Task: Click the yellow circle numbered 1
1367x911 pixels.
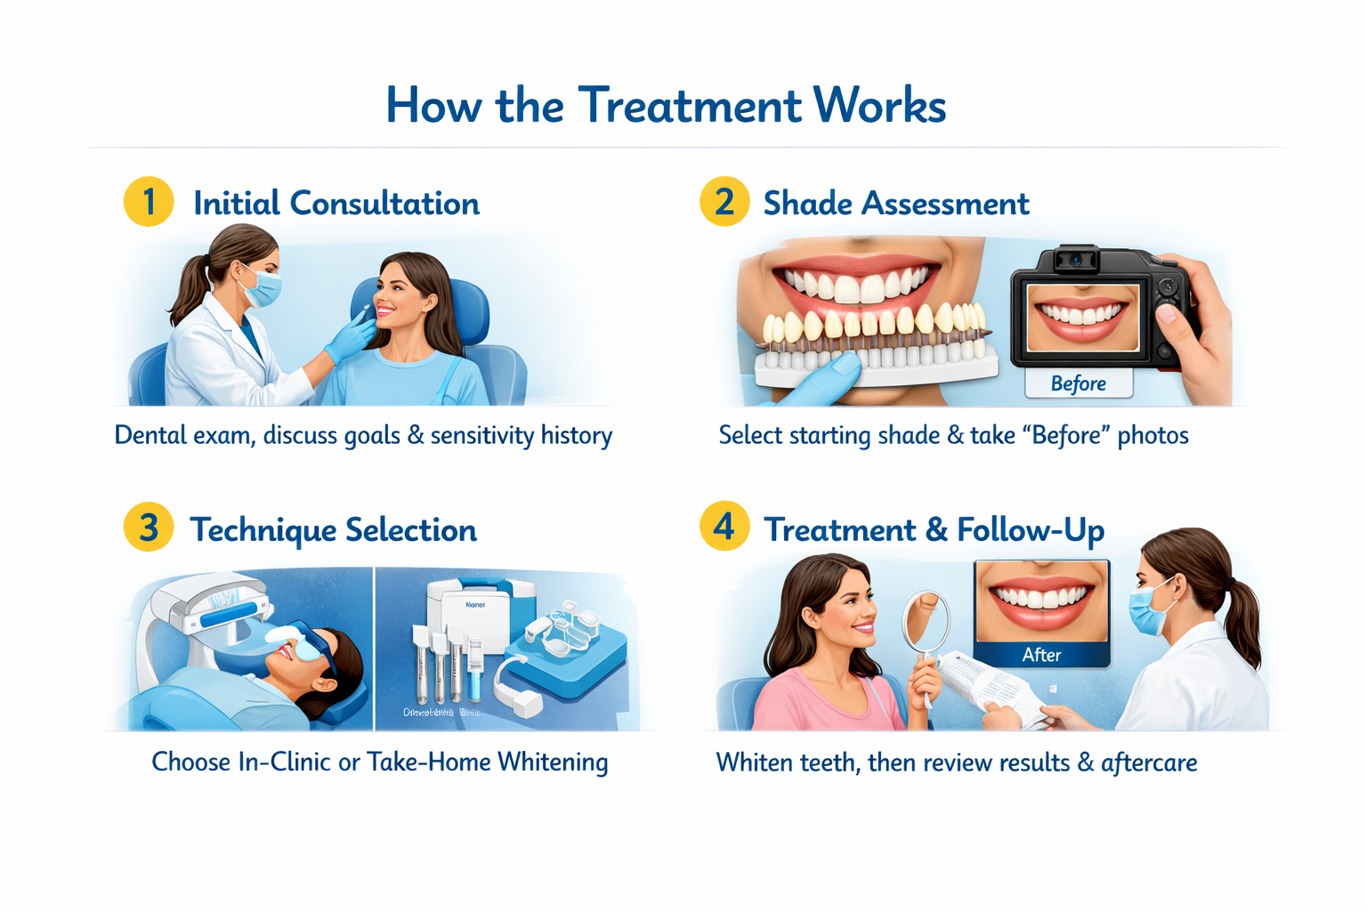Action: (x=149, y=202)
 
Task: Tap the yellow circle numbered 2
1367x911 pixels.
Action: (x=724, y=202)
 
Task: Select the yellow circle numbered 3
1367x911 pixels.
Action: (x=149, y=528)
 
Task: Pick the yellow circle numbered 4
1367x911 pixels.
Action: (x=724, y=526)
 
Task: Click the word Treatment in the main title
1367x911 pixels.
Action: (x=690, y=106)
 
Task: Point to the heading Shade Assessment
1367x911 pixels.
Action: (x=895, y=204)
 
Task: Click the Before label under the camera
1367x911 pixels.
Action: (x=1078, y=383)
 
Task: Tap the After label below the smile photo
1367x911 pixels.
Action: (x=1041, y=655)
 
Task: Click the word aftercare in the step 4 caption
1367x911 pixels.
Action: (x=1148, y=763)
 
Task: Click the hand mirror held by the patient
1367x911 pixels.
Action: (x=926, y=622)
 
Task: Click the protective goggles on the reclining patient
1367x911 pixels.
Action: (x=312, y=649)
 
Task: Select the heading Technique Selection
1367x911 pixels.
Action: (x=333, y=530)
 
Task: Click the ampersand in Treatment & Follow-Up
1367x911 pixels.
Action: (x=936, y=530)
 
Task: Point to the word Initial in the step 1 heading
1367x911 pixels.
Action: (x=236, y=204)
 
